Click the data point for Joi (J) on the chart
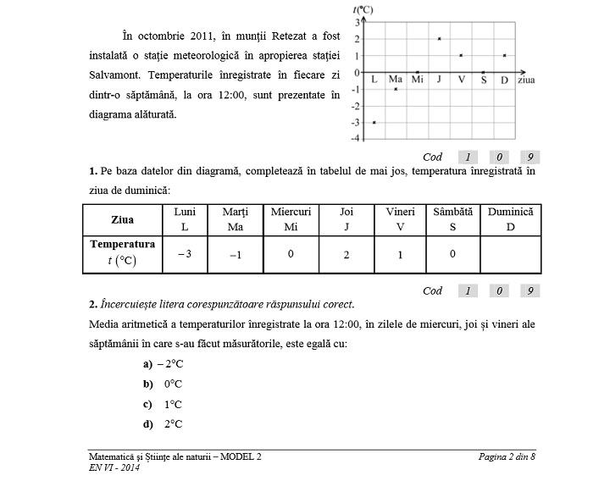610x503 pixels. pyautogui.click(x=439, y=39)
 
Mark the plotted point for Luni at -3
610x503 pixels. pyautogui.click(x=374, y=123)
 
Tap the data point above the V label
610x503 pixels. pyautogui.click(x=461, y=56)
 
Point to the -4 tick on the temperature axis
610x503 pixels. pyautogui.click(x=357, y=138)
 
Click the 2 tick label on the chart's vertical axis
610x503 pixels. pyautogui.click(x=358, y=39)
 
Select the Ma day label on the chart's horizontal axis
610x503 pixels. pyautogui.click(x=396, y=80)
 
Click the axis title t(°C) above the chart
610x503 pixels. pyautogui.click(x=363, y=9)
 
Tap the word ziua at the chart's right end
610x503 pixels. pyautogui.click(x=526, y=80)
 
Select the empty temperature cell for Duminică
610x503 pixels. pyautogui.click(x=510, y=254)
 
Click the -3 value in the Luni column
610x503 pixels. pyautogui.click(x=184, y=254)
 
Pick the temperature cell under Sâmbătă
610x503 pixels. pyautogui.click(x=452, y=254)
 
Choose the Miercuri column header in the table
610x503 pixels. pyautogui.click(x=291, y=218)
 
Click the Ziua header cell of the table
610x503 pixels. pyautogui.click(x=122, y=219)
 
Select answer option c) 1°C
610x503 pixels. pyautogui.click(x=164, y=404)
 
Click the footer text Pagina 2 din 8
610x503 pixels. pyautogui.click(x=507, y=457)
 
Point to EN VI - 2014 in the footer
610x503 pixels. pyautogui.click(x=114, y=468)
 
